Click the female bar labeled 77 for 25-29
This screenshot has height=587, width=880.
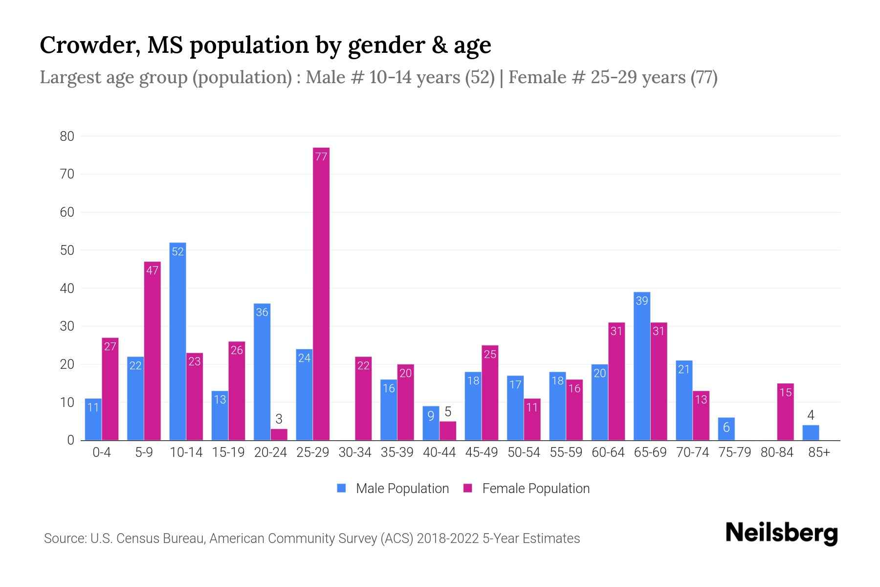point(321,293)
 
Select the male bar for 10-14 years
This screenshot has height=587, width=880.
point(177,342)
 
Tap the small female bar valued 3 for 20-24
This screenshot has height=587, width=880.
point(279,434)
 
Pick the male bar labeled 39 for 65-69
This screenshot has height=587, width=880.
point(641,367)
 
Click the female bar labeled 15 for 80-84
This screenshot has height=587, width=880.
point(785,412)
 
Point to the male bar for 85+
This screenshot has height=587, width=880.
point(810,433)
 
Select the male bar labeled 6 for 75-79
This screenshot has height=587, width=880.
point(726,429)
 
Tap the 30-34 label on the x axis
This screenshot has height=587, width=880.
point(355,452)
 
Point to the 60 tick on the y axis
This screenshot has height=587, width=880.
point(67,212)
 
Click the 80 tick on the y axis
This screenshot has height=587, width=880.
point(67,136)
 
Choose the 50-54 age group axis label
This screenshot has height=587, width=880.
point(524,452)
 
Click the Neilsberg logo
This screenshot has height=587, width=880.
point(781,533)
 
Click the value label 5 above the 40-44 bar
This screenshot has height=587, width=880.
point(447,412)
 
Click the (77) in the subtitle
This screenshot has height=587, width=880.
point(704,77)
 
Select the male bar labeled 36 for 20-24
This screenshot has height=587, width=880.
point(262,372)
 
